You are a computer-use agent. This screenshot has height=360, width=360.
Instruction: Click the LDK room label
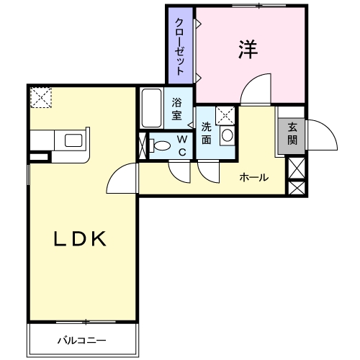(81, 239)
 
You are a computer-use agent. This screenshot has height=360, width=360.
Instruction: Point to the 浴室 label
(177, 109)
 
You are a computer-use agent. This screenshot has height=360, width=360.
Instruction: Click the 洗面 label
(206, 132)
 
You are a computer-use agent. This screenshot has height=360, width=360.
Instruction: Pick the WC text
(181, 145)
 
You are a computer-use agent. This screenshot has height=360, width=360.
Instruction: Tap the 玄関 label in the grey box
(292, 134)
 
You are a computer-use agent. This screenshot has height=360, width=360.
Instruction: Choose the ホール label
(254, 177)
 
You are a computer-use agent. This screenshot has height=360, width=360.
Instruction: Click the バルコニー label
(81, 340)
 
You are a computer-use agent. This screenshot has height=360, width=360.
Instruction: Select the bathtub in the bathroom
(151, 107)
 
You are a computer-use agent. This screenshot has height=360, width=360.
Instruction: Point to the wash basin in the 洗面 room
(227, 135)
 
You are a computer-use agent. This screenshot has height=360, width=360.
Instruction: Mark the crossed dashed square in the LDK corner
(42, 97)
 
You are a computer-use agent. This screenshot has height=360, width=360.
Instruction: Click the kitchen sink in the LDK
(74, 140)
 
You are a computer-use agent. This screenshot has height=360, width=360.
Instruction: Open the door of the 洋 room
(256, 90)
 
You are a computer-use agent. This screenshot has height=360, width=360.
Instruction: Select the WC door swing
(178, 171)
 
